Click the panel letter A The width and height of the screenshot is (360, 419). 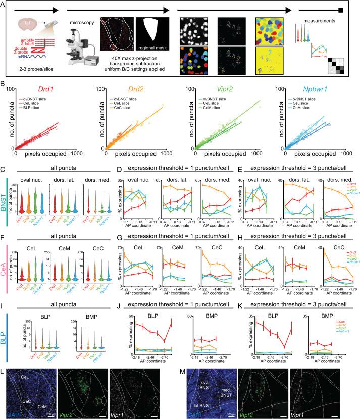pyautogui.click(x=4, y=4)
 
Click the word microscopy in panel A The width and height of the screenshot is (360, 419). pyautogui.click(x=80, y=22)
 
